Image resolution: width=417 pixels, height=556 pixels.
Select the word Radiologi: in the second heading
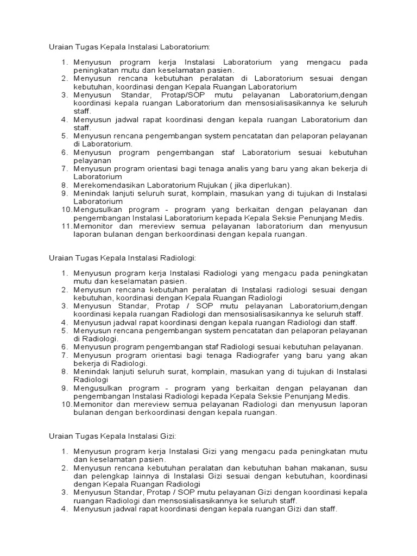tap(173, 257)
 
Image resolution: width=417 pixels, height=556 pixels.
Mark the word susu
tap(359, 468)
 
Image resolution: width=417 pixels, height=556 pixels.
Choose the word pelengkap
tap(108, 476)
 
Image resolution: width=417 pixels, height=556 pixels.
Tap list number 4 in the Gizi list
tap(64, 509)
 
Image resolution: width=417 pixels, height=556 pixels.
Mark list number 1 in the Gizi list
tap(64, 452)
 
